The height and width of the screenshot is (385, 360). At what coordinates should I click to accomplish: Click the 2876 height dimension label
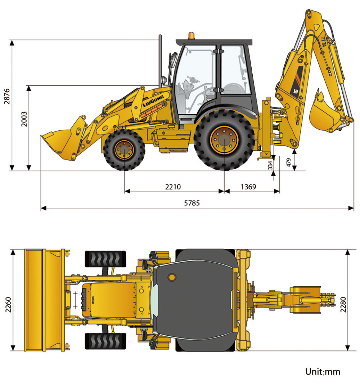pos(7,96)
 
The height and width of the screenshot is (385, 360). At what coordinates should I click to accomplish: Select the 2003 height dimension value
pos(24,119)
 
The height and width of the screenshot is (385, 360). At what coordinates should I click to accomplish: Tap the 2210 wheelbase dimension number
pos(173,187)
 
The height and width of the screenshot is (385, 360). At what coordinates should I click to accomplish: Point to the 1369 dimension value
pos(248,187)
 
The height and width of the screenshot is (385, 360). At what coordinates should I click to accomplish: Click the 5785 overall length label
pos(192,203)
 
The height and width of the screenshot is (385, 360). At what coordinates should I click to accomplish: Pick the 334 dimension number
pos(270,165)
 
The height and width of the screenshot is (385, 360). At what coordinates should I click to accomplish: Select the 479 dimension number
pos(289,162)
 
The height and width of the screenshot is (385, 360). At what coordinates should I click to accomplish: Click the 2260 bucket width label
pos(8,304)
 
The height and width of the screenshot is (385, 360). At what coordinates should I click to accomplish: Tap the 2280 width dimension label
pos(343,304)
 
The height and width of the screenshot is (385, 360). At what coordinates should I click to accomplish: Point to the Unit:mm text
pos(323,372)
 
